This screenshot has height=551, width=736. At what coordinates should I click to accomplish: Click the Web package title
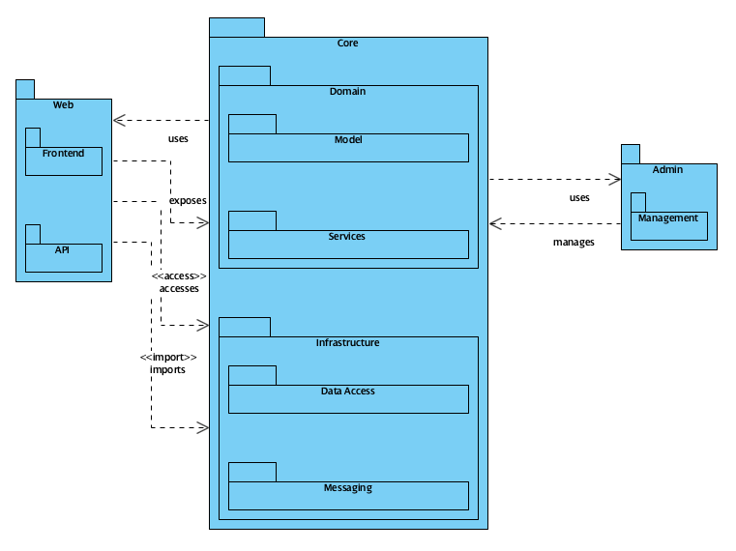click(x=63, y=104)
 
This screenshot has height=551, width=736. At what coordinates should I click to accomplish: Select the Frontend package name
click(x=63, y=153)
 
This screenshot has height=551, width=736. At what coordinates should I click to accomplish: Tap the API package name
click(x=63, y=248)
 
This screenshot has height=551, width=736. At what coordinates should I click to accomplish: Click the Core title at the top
click(x=348, y=43)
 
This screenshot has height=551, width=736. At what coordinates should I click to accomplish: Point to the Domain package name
click(x=348, y=91)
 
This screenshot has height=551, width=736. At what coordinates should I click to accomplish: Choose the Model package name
click(x=348, y=139)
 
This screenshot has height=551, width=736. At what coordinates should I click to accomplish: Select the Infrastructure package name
click(x=348, y=342)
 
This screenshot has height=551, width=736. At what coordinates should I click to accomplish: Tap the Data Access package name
click(x=348, y=391)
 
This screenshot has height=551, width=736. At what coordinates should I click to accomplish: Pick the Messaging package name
click(x=348, y=487)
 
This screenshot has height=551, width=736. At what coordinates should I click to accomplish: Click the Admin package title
click(x=668, y=169)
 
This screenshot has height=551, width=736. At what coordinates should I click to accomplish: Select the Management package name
click(x=668, y=217)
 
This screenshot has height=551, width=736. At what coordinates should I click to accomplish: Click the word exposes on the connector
click(x=188, y=201)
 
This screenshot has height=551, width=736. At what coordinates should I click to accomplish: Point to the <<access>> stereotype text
click(x=179, y=276)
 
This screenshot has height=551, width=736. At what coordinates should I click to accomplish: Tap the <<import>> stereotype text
click(x=168, y=357)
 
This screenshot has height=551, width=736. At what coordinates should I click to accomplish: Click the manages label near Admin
click(x=574, y=242)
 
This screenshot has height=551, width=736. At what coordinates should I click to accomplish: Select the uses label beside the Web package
click(x=178, y=138)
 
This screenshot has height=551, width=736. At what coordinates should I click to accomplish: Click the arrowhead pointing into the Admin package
click(x=613, y=179)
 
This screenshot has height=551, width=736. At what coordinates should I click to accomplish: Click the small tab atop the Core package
click(x=237, y=27)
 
